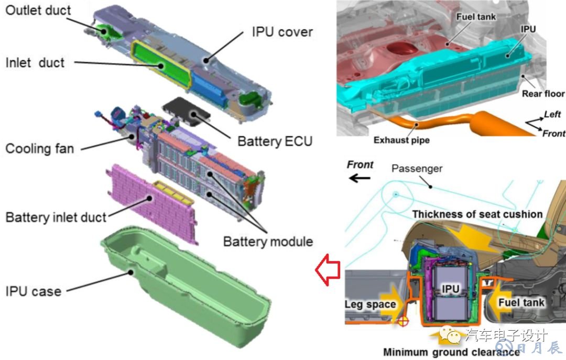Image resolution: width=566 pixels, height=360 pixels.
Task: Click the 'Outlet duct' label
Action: (38, 10)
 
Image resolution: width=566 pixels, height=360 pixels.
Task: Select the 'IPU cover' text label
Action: (282, 32)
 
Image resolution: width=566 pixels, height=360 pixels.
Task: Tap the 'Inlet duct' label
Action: (35, 62)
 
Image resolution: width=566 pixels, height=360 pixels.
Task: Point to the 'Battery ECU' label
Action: (275, 141)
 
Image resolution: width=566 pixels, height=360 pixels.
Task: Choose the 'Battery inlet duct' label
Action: (56, 216)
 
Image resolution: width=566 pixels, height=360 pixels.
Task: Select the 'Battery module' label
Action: (268, 242)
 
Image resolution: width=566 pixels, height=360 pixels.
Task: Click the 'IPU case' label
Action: (33, 291)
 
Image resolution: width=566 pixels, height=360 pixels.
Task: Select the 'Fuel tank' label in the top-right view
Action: (476, 17)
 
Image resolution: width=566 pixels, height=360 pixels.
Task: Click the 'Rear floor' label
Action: (543, 93)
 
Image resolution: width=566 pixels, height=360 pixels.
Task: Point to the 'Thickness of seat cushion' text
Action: (477, 214)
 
